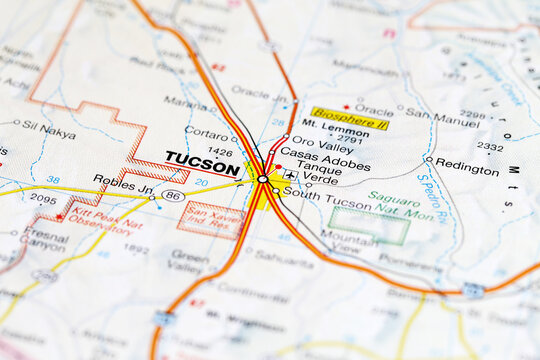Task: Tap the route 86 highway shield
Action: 173,196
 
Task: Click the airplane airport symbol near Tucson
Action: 290,175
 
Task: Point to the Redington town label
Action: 467,171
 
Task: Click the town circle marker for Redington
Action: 429,159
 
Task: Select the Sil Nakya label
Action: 49,130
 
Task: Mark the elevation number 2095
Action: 43,198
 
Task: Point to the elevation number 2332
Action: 490,146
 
